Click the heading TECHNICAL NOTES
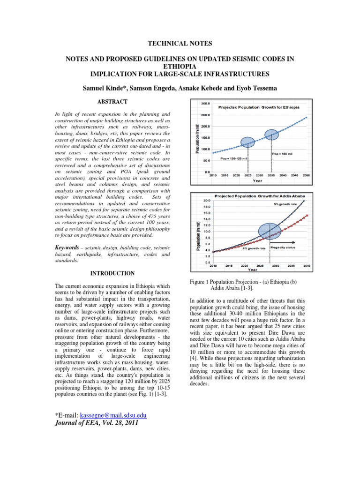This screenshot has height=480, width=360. tap(180, 44)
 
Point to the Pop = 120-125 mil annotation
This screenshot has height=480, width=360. tap(233, 158)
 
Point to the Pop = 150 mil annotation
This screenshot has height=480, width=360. tap(282, 153)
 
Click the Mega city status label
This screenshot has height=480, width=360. tap(284, 248)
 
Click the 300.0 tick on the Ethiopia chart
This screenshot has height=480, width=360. tap(205, 103)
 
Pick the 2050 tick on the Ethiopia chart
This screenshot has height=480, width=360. tap(306, 175)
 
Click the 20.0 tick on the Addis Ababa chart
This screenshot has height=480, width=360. tap(206, 201)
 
